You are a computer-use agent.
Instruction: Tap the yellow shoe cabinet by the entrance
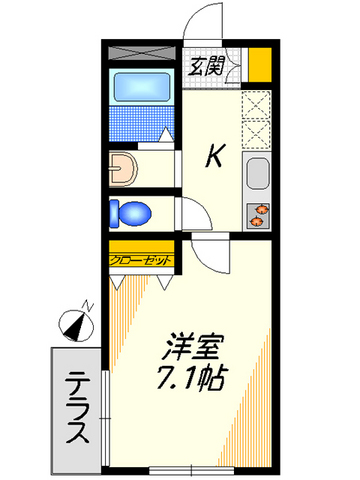pos(260,68)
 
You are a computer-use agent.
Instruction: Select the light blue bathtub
pos(143,89)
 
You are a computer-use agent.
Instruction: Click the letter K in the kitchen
pos(215,156)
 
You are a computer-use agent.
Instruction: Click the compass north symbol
pos(75,322)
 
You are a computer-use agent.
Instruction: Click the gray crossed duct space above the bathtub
pos(143,52)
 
